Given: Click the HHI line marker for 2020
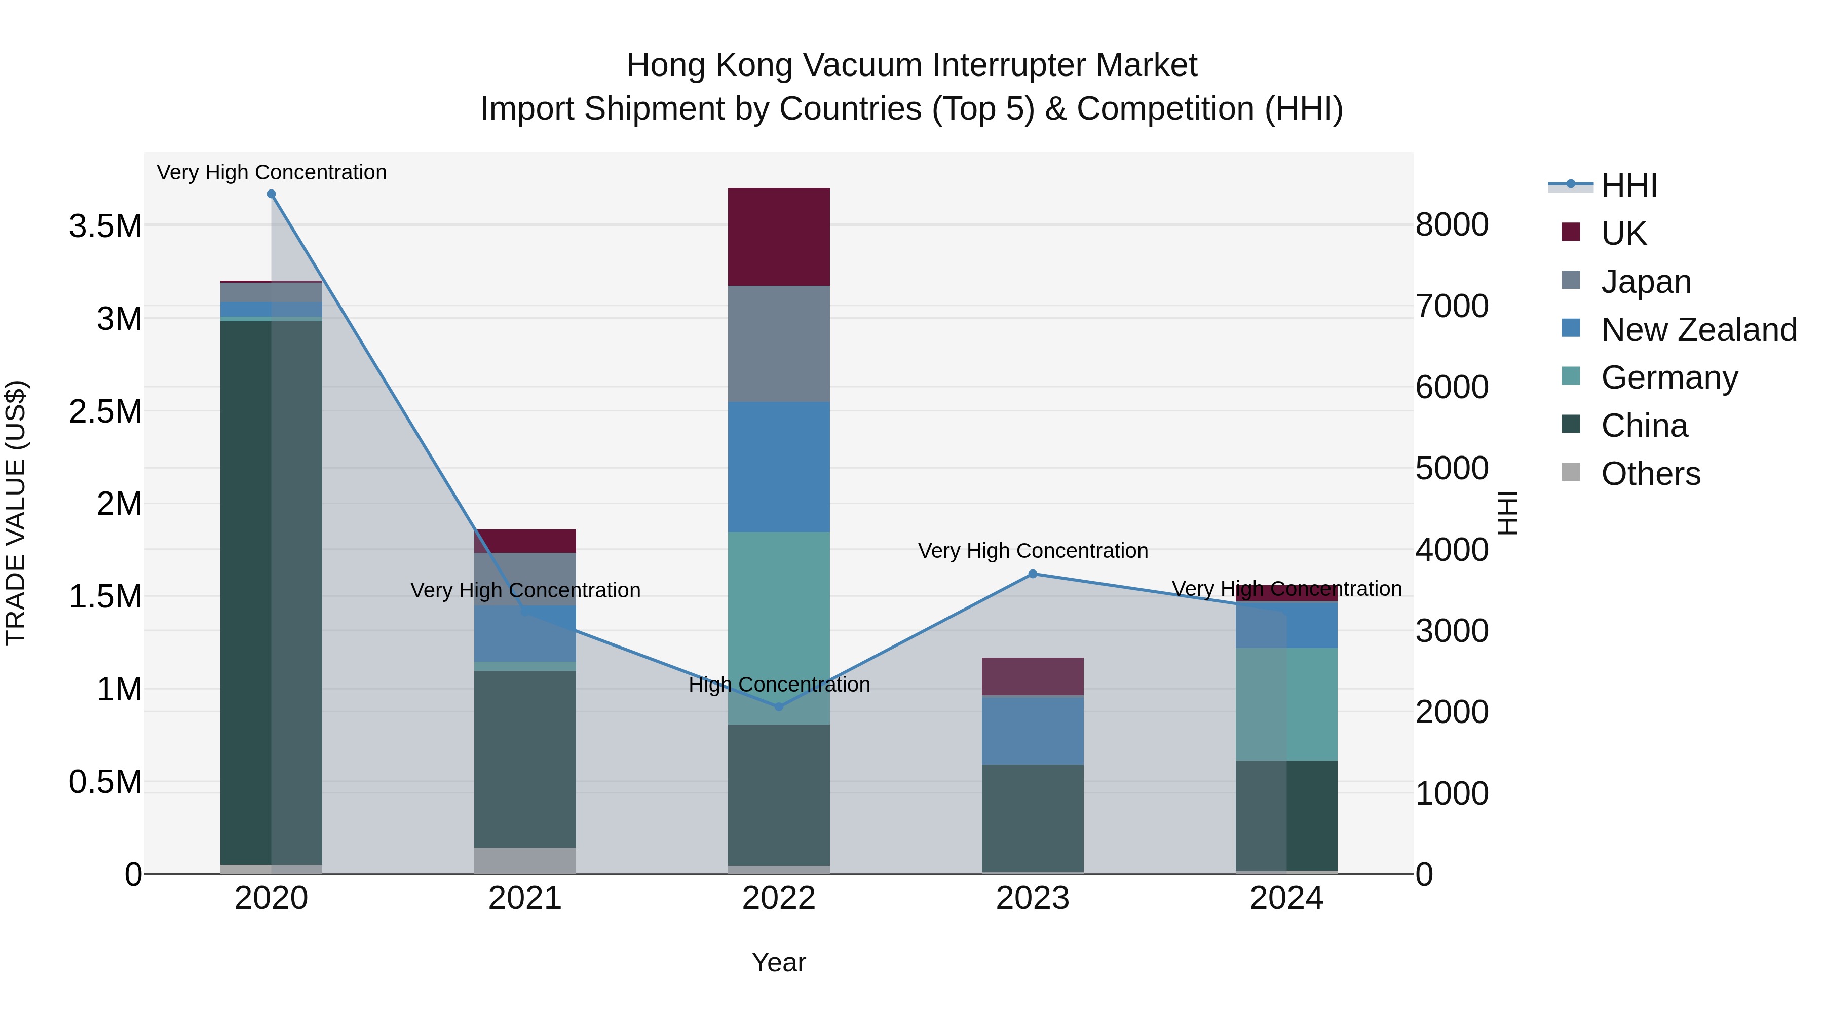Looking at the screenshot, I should tap(271, 194).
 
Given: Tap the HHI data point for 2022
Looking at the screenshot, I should tap(779, 707).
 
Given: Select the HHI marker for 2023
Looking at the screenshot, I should tap(1033, 574).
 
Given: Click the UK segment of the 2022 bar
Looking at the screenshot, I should tap(779, 237).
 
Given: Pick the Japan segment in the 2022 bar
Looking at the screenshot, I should tap(779, 344).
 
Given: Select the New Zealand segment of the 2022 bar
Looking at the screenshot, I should tap(779, 467).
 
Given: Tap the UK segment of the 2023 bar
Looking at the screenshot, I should tap(1033, 676).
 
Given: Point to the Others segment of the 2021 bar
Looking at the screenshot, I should tap(525, 860).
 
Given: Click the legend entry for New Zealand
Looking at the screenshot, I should tap(1699, 330).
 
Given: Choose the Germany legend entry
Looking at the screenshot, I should tap(1669, 378).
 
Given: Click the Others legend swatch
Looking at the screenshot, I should tap(1571, 472).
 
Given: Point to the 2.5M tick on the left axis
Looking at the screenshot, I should tap(105, 412).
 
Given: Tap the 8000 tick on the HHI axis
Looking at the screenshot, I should tap(1452, 225).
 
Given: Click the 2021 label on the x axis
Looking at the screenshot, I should tap(525, 898).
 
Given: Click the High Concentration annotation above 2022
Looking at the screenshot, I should tap(779, 685).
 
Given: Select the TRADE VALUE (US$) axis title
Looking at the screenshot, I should tap(16, 513).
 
